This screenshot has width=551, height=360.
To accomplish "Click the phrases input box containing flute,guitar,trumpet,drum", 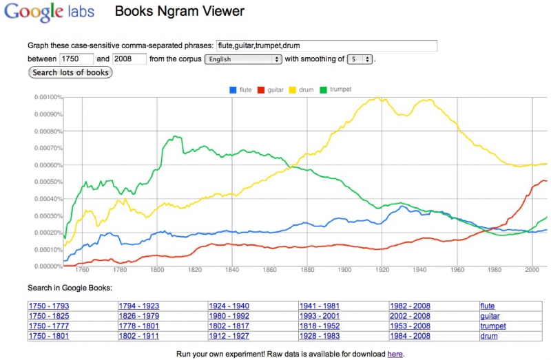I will [x=326, y=45].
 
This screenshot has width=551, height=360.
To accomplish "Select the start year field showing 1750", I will [x=76, y=59].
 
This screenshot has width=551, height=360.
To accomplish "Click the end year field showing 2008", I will [x=129, y=59].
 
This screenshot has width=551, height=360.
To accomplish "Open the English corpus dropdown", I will [x=244, y=59].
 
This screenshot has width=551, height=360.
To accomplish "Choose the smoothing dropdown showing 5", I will [x=360, y=59].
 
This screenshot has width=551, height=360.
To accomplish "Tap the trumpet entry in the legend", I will [x=340, y=89].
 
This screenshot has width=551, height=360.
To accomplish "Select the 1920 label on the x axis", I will [x=382, y=271].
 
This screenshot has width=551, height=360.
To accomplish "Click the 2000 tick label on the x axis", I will [x=532, y=271].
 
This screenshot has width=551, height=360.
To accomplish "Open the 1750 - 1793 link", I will [x=48, y=306].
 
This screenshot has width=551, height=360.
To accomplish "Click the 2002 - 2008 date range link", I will [x=410, y=306].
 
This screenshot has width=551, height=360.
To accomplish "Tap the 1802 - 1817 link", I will [x=229, y=326].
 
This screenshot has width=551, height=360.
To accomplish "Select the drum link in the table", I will [x=488, y=336].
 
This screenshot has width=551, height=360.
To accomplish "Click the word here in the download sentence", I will [x=395, y=354].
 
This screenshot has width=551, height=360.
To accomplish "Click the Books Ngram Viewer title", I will [x=179, y=12].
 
